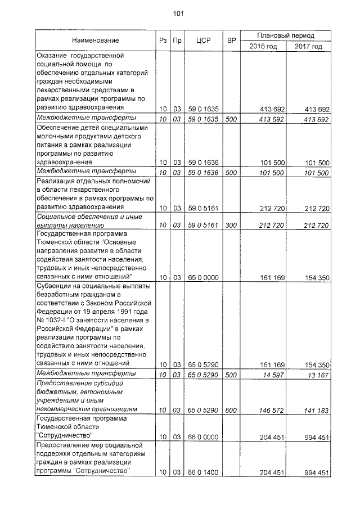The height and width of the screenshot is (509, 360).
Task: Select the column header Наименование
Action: [95, 40]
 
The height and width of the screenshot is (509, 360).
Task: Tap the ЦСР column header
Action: [202, 40]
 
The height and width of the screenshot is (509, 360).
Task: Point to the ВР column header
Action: [231, 40]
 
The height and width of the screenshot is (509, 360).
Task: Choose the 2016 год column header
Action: [263, 47]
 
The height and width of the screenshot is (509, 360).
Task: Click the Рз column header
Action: [163, 40]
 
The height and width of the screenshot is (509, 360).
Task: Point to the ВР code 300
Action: [231, 226]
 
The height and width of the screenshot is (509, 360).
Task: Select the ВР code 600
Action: [231, 411]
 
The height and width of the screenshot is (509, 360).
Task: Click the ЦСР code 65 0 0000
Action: [204, 277]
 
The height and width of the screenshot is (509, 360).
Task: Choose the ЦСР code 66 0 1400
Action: [204, 472]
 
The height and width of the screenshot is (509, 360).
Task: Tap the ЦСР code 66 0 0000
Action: [204, 438]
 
